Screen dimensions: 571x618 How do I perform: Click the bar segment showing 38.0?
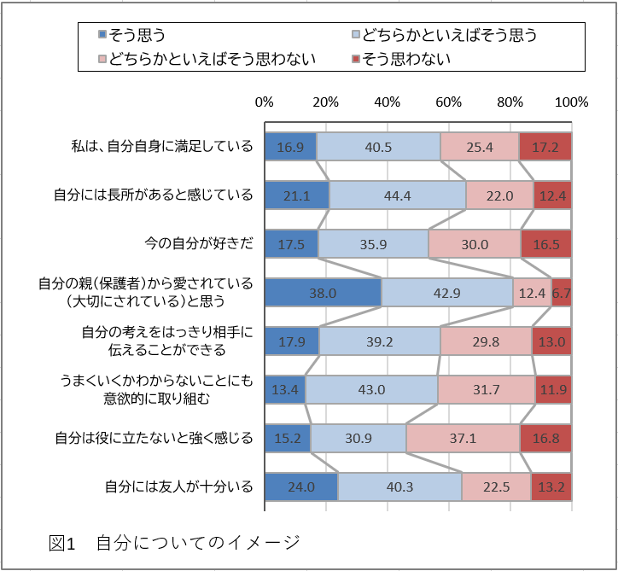tap(323, 293)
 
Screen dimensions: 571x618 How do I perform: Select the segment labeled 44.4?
tap(398, 195)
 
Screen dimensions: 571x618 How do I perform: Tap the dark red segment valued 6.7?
tap(562, 293)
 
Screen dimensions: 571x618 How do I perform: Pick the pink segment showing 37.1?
tap(463, 439)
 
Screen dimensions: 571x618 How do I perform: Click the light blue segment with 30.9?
tap(359, 439)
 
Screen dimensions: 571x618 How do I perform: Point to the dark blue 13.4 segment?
tap(285, 390)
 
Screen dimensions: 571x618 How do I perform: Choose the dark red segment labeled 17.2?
tap(545, 147)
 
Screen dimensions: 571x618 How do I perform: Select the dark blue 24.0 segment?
tap(301, 487)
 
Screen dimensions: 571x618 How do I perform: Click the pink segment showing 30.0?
tap(475, 244)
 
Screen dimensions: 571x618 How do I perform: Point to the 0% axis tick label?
tap(265, 102)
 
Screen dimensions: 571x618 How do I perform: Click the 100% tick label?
tap(572, 102)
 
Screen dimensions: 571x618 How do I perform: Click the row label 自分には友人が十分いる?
tap(179, 487)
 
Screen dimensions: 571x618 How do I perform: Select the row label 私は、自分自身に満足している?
tap(162, 146)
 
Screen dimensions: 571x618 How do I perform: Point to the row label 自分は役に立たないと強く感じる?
tap(154, 439)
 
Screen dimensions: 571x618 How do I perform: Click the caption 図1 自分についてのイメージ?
tap(175, 542)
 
